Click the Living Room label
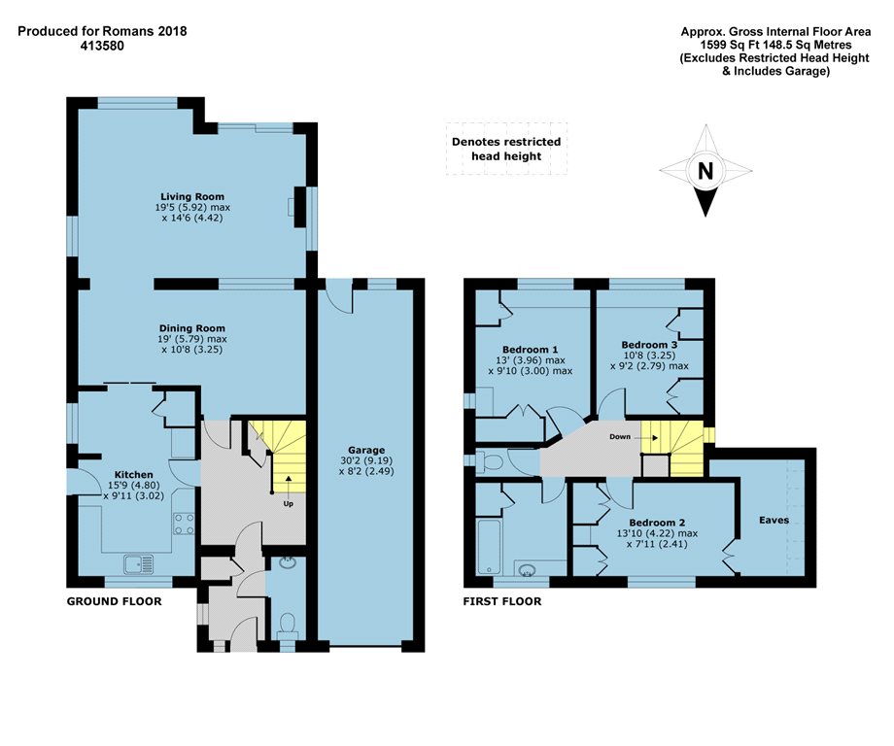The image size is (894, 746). [x=192, y=196]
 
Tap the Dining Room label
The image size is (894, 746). [x=192, y=328]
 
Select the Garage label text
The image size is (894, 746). [x=366, y=450]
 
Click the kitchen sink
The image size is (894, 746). [x=139, y=564]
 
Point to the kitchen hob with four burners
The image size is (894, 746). [x=184, y=525]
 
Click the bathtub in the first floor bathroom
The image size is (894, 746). [x=489, y=547]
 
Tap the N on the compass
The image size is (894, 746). [x=705, y=170]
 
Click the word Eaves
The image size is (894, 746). [x=774, y=520]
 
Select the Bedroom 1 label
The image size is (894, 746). [x=531, y=350]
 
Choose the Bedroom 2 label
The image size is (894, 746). [x=657, y=523]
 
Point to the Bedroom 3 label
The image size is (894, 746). [x=649, y=345]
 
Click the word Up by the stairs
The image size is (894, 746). [x=289, y=504]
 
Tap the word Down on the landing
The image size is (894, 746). [x=620, y=437]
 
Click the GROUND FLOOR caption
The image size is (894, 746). [x=114, y=601]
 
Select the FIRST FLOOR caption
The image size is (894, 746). [x=502, y=601]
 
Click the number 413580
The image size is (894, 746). [x=103, y=46]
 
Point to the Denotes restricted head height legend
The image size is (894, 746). [x=506, y=149]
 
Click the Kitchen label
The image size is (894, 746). [x=134, y=475]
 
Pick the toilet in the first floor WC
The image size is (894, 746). [x=489, y=460]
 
